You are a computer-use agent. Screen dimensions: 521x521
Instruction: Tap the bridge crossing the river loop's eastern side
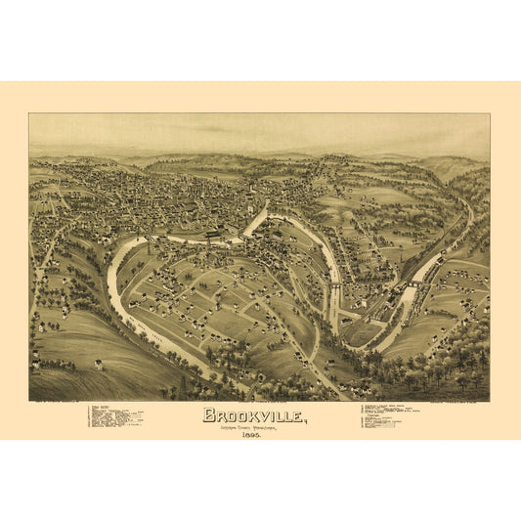coord(334,284)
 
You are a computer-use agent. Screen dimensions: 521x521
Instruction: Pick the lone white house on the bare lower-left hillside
coord(99,366)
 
